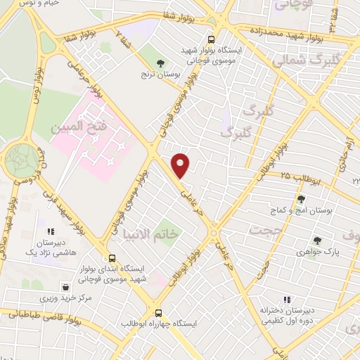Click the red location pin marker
[x=181, y=165]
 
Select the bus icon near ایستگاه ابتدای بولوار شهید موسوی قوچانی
[x=112, y=258]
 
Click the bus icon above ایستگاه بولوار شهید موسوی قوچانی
[x=212, y=39]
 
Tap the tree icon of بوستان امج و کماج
[x=301, y=199]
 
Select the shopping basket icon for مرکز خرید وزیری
[x=66, y=287]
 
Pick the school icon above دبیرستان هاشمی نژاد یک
[x=50, y=231]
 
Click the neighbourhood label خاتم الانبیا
[x=152, y=233]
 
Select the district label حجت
[x=266, y=231]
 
